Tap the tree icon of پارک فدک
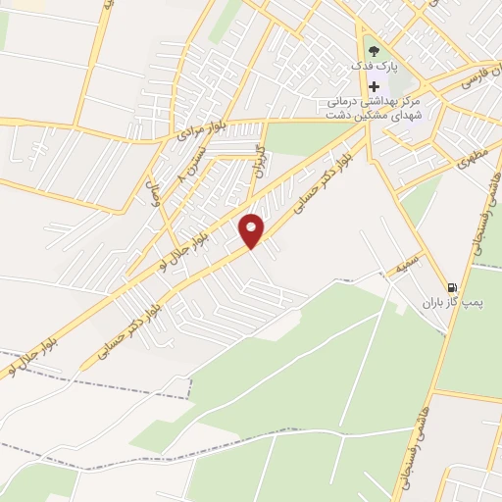tap(373, 49)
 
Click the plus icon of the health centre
tap(375, 87)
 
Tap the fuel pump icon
tap(450, 287)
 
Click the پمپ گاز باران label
tap(447, 304)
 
